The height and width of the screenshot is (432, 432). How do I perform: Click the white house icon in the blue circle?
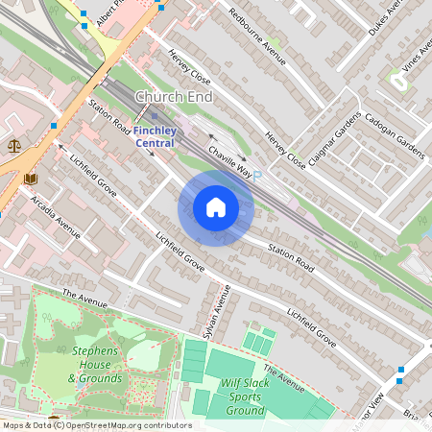(216, 207)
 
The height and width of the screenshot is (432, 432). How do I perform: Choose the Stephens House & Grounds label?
(95, 365)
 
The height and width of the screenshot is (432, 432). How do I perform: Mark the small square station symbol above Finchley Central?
(154, 116)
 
